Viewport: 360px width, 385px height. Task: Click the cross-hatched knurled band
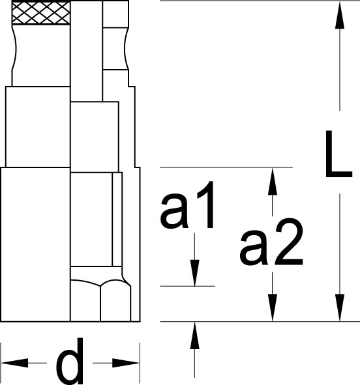41,13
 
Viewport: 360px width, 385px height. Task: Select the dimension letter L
338,154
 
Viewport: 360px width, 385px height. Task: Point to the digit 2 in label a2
289,242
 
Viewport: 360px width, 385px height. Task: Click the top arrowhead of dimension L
340,15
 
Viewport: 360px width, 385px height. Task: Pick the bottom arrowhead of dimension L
340,307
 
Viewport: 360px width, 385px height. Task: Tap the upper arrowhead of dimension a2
272,181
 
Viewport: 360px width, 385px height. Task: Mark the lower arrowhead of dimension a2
272,307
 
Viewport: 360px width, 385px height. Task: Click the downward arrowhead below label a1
194,273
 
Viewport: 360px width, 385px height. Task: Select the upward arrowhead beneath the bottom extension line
194,335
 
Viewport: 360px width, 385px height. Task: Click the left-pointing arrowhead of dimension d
15,363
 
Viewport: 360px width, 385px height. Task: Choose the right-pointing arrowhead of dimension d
126,363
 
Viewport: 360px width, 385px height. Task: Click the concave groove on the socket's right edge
127,49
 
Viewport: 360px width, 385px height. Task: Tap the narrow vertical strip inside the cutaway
117,220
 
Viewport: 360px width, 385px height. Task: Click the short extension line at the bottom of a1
187,286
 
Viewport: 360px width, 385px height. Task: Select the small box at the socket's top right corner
115,14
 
